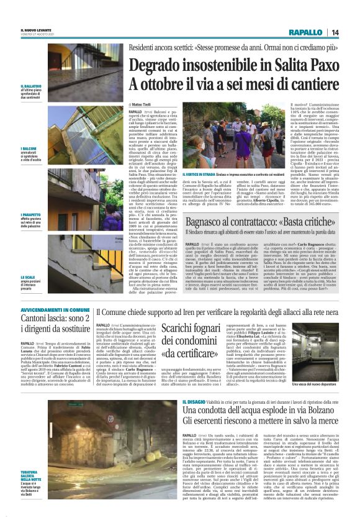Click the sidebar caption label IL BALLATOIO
[30, 86]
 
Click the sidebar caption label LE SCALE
[28, 277]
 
